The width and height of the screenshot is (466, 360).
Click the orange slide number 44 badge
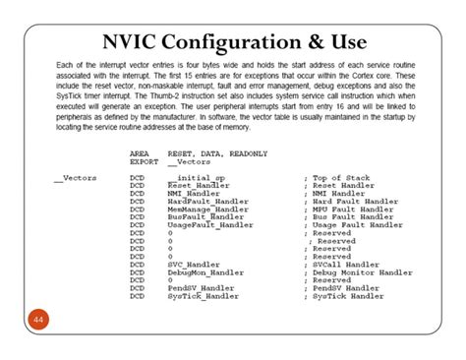(39, 320)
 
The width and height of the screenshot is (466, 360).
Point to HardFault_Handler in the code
(208, 203)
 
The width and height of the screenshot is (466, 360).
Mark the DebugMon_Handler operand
(205, 271)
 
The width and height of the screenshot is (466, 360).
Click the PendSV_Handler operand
(201, 288)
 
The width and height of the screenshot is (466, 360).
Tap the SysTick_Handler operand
(203, 296)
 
